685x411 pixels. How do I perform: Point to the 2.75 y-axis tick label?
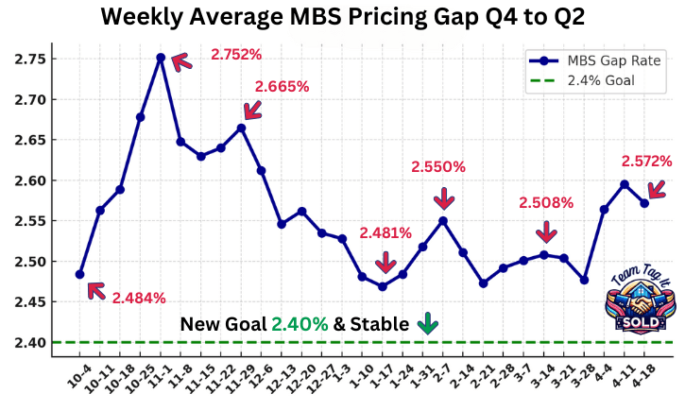(x=29, y=59)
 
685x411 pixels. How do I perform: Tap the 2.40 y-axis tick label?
(x=29, y=342)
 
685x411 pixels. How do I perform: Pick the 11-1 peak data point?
(x=161, y=58)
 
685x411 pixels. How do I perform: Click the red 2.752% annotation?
(x=236, y=55)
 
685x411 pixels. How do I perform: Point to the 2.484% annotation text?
(x=139, y=298)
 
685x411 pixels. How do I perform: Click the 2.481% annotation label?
(x=385, y=233)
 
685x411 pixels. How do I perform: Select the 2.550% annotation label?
(x=438, y=167)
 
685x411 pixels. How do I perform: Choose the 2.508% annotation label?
(x=546, y=202)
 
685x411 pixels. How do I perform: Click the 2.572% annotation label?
(x=646, y=162)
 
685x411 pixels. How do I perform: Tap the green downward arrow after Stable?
(x=428, y=324)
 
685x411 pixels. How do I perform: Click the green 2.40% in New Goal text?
(x=300, y=324)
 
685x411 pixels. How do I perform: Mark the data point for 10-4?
(x=79, y=274)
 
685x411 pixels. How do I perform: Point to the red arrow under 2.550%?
(x=444, y=198)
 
